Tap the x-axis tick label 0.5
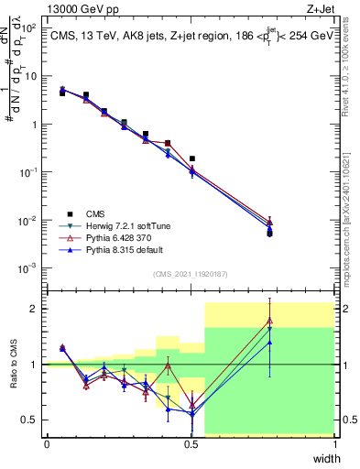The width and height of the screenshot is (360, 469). pyautogui.click(x=191, y=444)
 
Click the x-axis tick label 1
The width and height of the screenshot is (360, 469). pyautogui.click(x=334, y=444)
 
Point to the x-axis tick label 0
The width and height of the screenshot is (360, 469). pyautogui.click(x=47, y=444)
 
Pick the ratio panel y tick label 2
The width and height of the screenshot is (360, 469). pyautogui.click(x=35, y=309)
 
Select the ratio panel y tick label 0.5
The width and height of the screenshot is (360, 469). pyautogui.click(x=30, y=420)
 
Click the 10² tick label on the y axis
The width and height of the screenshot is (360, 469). pyautogui.click(x=29, y=28)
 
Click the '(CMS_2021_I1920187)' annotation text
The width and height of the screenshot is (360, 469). pyautogui.click(x=190, y=273)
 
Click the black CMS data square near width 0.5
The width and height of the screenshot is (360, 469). pyautogui.click(x=191, y=158)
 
